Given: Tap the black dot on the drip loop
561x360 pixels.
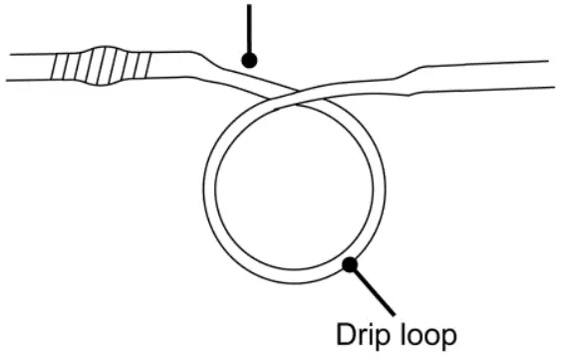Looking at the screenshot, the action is pos(350,264).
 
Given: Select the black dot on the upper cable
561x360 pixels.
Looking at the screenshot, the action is pos(249,61).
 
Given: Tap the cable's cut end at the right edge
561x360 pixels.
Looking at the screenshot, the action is pos(554,76).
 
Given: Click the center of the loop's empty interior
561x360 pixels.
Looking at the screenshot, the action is pos(294,185).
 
